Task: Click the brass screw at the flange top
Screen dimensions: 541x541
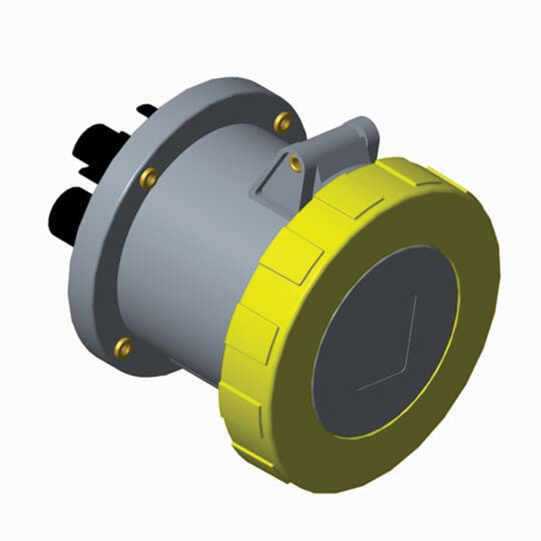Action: [282, 123]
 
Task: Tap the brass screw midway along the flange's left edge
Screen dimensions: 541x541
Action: [149, 177]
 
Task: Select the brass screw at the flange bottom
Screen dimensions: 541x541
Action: [124, 347]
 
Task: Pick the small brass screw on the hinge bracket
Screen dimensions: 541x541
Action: [295, 162]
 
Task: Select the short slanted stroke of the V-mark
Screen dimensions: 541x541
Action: [379, 380]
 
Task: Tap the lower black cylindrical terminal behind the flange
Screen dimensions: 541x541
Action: [68, 214]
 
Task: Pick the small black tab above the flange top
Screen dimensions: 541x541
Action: [146, 110]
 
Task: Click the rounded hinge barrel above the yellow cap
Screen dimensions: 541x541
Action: [362, 138]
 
